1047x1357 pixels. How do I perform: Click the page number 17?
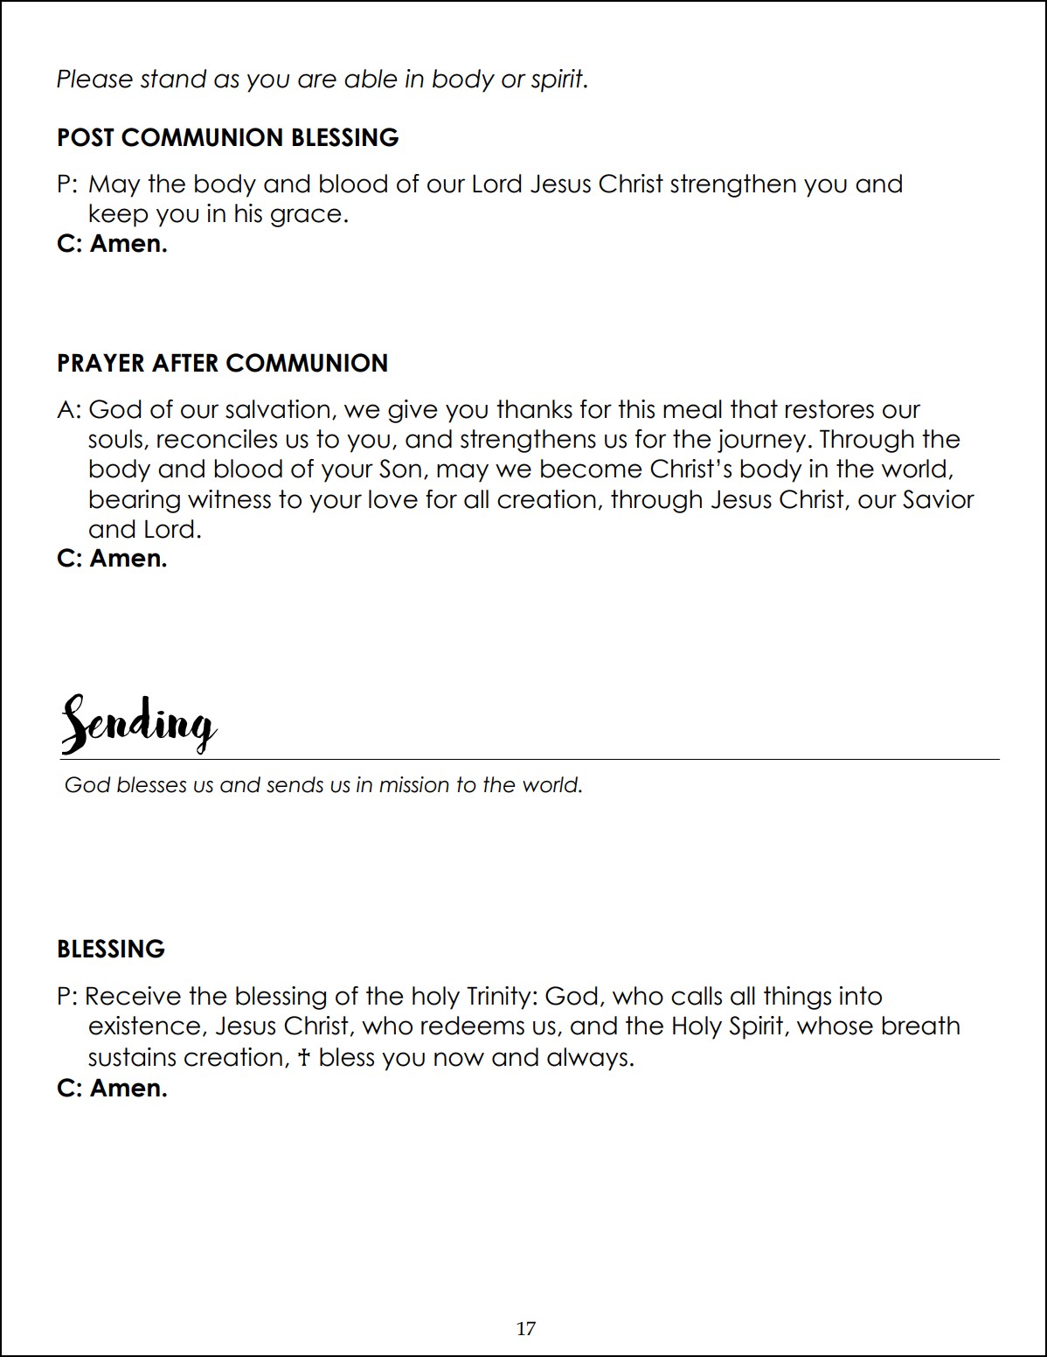[x=526, y=1329]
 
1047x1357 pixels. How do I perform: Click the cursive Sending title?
[x=138, y=724]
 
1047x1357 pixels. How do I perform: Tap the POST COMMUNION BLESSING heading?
[x=227, y=138]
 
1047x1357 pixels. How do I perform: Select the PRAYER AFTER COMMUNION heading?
[x=222, y=364]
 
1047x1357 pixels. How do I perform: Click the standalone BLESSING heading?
[x=111, y=950]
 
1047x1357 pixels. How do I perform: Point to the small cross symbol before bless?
[x=303, y=1059]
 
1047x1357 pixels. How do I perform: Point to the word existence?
[x=145, y=1026]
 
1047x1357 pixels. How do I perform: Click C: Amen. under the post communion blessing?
[x=112, y=244]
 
